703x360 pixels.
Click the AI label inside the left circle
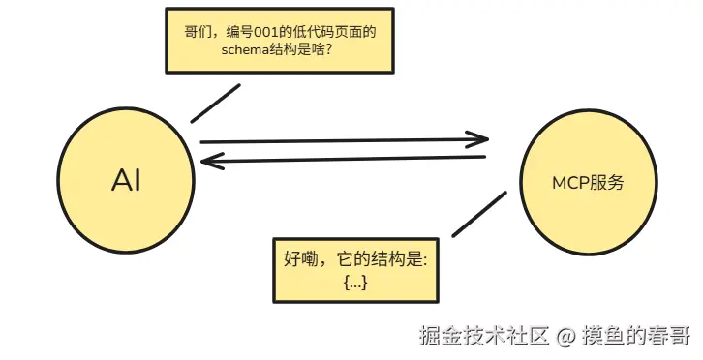click(126, 181)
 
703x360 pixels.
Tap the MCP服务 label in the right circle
click(588, 183)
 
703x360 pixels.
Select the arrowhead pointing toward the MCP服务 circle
click(477, 139)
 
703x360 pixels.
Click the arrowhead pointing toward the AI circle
click(213, 161)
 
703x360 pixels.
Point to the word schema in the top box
click(245, 49)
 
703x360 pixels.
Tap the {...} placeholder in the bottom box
click(355, 283)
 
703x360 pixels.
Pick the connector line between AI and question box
click(215, 104)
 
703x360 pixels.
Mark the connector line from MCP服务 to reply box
click(479, 214)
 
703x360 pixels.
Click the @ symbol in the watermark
click(565, 336)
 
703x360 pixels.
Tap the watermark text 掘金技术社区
click(484, 336)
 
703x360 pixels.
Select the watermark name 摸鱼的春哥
click(636, 336)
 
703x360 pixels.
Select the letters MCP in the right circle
click(569, 183)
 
